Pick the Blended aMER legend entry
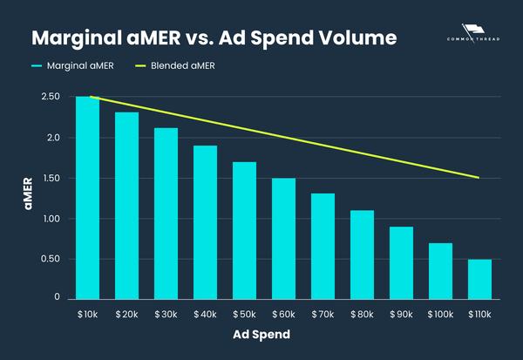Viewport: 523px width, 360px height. coord(178,65)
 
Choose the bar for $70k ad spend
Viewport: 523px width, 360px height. coord(323,246)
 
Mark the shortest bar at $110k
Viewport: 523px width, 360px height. coord(479,278)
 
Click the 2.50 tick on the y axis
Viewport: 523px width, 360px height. coord(50,97)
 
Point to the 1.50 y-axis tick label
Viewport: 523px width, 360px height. coord(50,178)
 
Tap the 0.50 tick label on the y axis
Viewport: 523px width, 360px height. coord(50,259)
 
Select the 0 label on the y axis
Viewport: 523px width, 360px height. coord(57,297)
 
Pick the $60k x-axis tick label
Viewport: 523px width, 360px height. coord(284,313)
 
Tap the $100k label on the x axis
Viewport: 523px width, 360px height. coord(440,313)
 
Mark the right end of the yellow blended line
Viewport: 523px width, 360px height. coord(479,178)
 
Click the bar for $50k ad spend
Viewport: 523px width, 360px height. coord(245,229)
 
